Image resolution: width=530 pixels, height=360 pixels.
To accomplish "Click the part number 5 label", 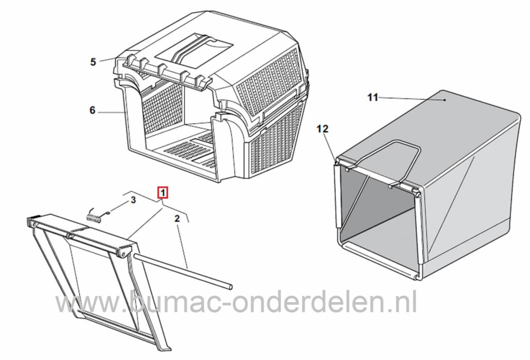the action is tap(93, 62).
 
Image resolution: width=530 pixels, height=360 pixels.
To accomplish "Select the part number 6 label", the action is tap(93, 110).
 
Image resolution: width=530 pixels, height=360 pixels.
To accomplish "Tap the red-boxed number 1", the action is tap(163, 193).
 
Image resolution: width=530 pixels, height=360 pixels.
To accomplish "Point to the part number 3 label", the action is tap(133, 200).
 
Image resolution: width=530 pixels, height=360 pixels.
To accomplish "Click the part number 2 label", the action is tap(177, 218).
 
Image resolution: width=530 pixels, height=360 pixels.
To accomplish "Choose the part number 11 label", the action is tap(373, 97).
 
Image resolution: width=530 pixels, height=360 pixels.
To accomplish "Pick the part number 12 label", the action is tap(322, 129).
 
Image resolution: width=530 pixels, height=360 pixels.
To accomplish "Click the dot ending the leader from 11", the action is tap(445, 100).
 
